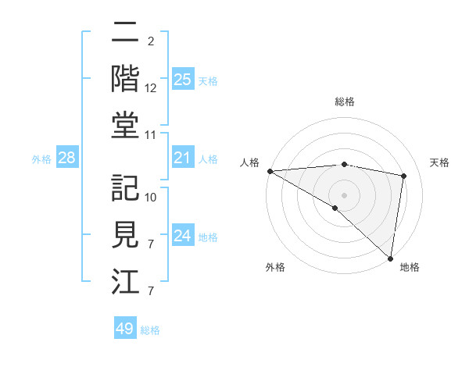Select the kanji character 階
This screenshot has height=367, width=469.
125,78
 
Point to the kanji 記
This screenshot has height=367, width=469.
125,187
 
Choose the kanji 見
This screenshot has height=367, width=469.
125,235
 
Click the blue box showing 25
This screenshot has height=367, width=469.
182,80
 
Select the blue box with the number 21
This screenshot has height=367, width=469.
182,159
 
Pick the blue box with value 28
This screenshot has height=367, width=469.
67,159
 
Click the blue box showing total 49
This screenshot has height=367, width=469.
125,329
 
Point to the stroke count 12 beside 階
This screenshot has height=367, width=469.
152,89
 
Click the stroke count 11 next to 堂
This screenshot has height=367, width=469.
152,135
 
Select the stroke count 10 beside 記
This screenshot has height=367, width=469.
152,198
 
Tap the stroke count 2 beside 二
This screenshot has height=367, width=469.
150,41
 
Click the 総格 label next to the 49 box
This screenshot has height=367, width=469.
150,330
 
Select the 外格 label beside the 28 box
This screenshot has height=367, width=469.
41,159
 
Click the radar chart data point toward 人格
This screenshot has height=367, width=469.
270,171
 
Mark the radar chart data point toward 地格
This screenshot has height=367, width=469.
389,258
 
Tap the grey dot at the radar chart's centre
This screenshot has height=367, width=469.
344,194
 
